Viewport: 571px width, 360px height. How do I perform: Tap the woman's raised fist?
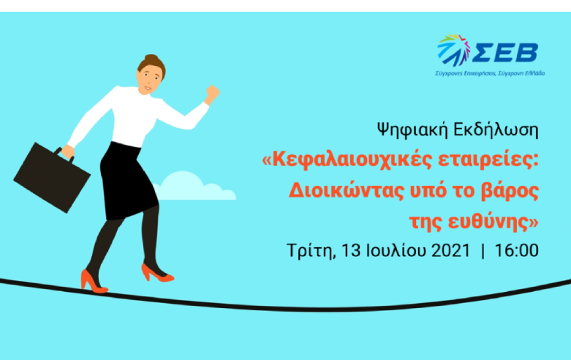click(211, 93)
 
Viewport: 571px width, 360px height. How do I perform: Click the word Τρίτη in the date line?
click(307, 250)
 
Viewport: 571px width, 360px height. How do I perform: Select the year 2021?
click(437, 250)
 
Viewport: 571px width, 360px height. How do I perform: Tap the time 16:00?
click(516, 250)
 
